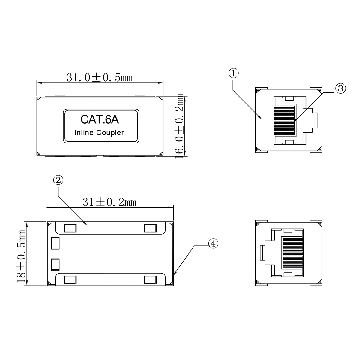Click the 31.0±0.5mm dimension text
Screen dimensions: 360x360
(x=100, y=78)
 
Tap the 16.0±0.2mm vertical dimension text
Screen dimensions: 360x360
(x=179, y=126)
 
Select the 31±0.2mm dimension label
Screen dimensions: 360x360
(x=109, y=202)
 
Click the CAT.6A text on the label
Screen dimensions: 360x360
(x=100, y=120)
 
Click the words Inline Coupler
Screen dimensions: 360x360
(x=99, y=133)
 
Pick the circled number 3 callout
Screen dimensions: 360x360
(x=340, y=88)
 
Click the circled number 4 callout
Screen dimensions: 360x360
(x=213, y=244)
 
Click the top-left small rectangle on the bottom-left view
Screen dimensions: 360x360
(x=70, y=229)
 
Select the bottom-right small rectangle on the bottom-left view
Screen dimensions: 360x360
(x=150, y=280)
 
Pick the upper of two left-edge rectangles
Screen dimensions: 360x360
(x=55, y=243)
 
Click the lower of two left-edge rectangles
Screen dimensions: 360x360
(x=55, y=264)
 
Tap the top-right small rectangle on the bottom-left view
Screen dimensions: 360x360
(x=150, y=229)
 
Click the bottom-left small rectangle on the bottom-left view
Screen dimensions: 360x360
(x=70, y=280)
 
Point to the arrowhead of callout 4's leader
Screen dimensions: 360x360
(x=175, y=274)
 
